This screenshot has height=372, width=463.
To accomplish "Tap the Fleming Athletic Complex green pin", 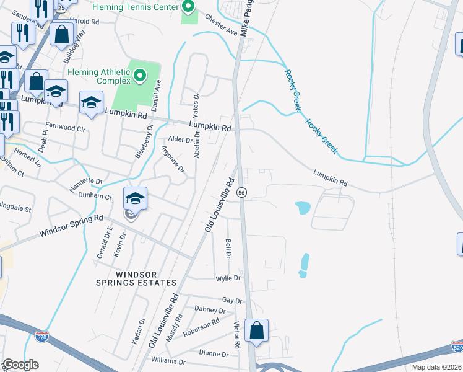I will [x=140, y=76].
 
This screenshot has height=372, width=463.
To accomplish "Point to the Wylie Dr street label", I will [x=227, y=278].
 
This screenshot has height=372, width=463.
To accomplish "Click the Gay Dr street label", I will [x=232, y=300].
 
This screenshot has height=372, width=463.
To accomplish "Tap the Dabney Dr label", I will [x=210, y=309].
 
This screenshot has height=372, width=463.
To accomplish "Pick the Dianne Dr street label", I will [x=214, y=354].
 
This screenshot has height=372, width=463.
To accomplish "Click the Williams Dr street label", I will [x=168, y=360].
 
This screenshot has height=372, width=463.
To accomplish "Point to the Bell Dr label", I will [x=228, y=249].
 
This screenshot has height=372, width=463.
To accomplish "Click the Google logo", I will [x=20, y=365].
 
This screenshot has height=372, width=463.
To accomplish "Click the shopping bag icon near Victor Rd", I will [x=257, y=331].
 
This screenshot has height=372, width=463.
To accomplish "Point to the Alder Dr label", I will [x=180, y=139].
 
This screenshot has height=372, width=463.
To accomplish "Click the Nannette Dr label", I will [x=86, y=181].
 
